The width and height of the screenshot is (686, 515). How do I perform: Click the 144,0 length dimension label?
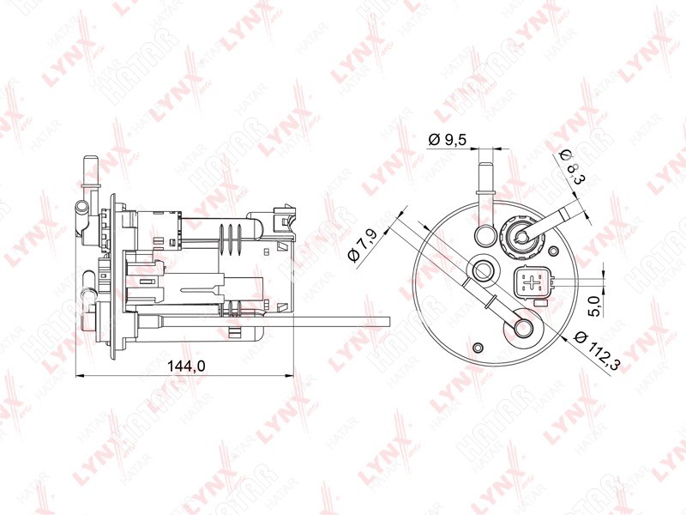(x=186, y=367)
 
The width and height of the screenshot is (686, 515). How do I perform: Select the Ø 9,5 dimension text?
(x=448, y=140)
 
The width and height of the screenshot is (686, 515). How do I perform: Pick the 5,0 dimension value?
(x=595, y=306)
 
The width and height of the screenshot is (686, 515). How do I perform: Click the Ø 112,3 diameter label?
(x=596, y=351)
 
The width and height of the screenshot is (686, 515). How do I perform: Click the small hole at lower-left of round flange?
(x=478, y=348)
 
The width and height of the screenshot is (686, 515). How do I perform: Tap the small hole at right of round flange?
(x=553, y=251)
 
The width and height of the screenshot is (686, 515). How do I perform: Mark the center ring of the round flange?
(x=484, y=270)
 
